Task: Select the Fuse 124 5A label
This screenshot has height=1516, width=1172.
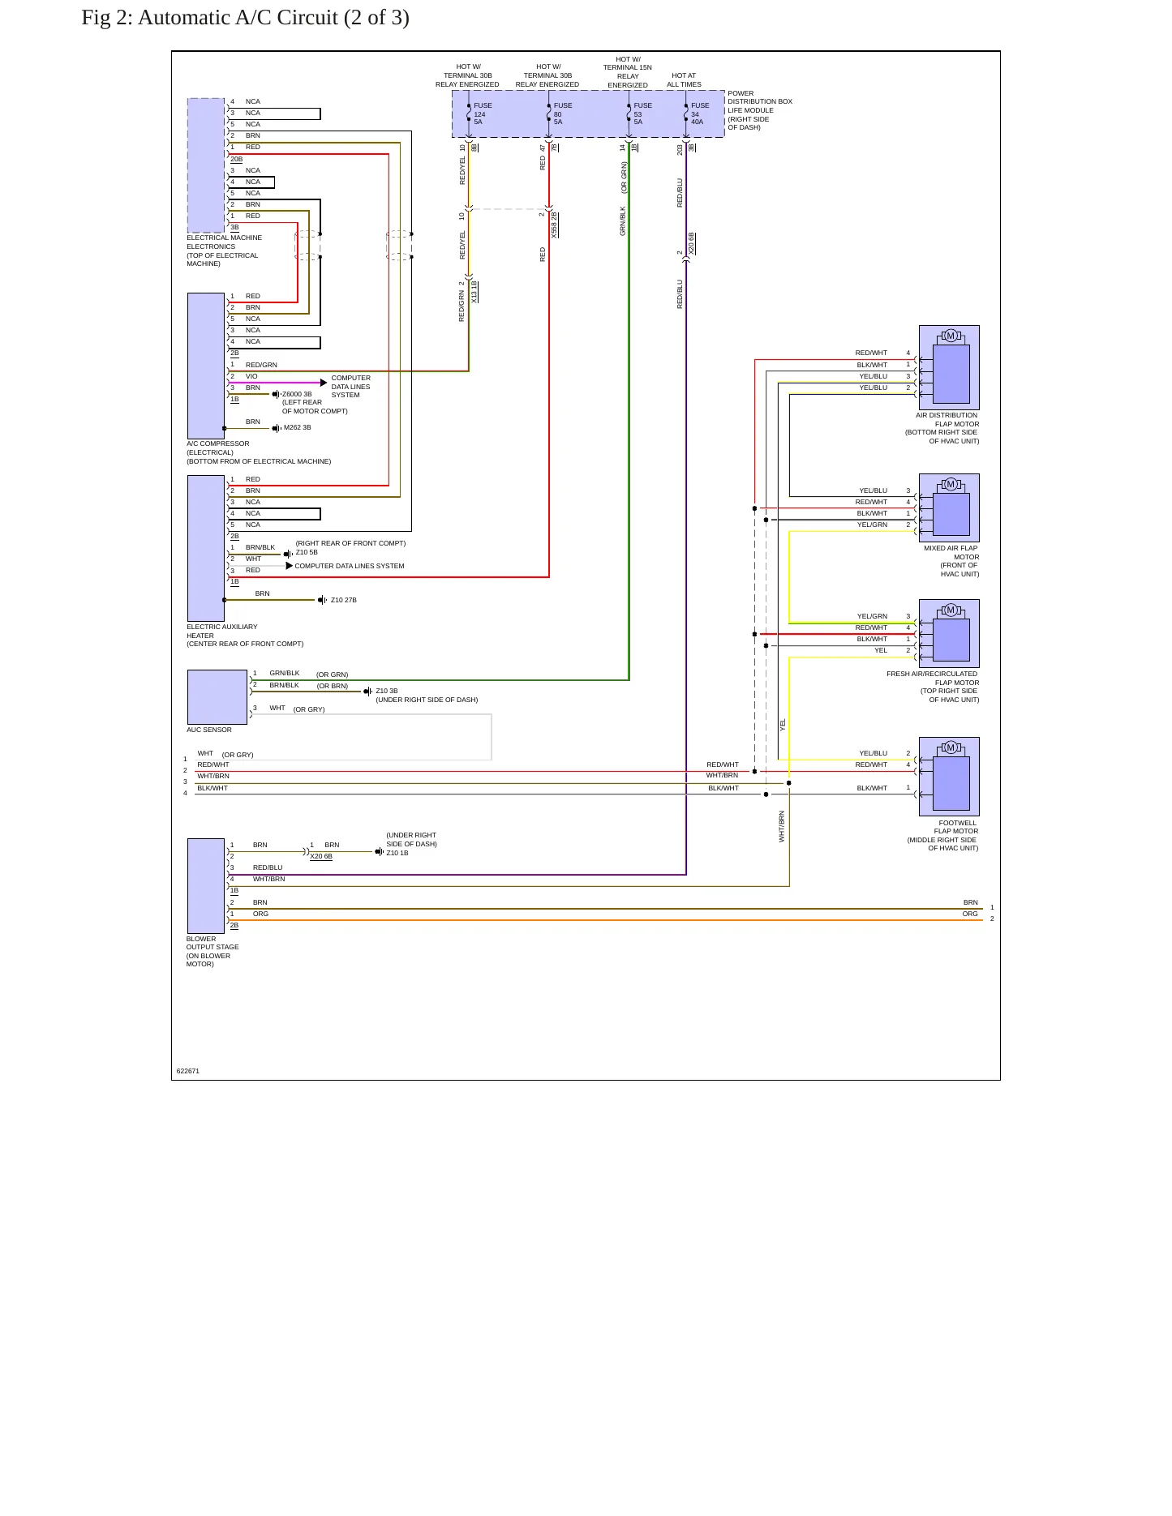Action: (x=483, y=113)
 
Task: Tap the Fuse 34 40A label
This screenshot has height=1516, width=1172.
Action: (x=700, y=113)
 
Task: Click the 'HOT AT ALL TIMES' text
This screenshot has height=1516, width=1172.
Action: (x=684, y=80)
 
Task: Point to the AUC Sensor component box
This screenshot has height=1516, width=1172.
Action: (x=217, y=697)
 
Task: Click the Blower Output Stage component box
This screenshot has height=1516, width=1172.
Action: (x=206, y=886)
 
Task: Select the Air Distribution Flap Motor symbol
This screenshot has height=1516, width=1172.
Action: (x=949, y=367)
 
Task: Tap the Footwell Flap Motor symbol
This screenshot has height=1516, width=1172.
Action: (x=949, y=776)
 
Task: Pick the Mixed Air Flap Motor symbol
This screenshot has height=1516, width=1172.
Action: (x=949, y=507)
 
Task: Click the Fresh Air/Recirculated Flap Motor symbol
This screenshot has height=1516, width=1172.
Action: (x=949, y=633)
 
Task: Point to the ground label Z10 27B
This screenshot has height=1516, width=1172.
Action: (x=344, y=601)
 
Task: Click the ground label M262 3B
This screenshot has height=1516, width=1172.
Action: (x=298, y=428)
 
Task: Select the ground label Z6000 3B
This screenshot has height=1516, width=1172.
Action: (x=297, y=395)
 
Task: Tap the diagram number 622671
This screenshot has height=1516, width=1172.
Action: (x=188, y=1071)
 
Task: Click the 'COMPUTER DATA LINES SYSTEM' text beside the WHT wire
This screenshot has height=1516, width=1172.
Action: (x=350, y=566)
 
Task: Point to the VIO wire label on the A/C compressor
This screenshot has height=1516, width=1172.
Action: (x=251, y=376)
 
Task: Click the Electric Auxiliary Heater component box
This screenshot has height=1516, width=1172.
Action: (x=206, y=548)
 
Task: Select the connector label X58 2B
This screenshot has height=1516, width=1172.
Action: (x=555, y=225)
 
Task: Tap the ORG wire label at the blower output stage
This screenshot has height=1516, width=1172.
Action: (x=260, y=914)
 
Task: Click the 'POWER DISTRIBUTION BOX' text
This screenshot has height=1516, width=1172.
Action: (x=760, y=97)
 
